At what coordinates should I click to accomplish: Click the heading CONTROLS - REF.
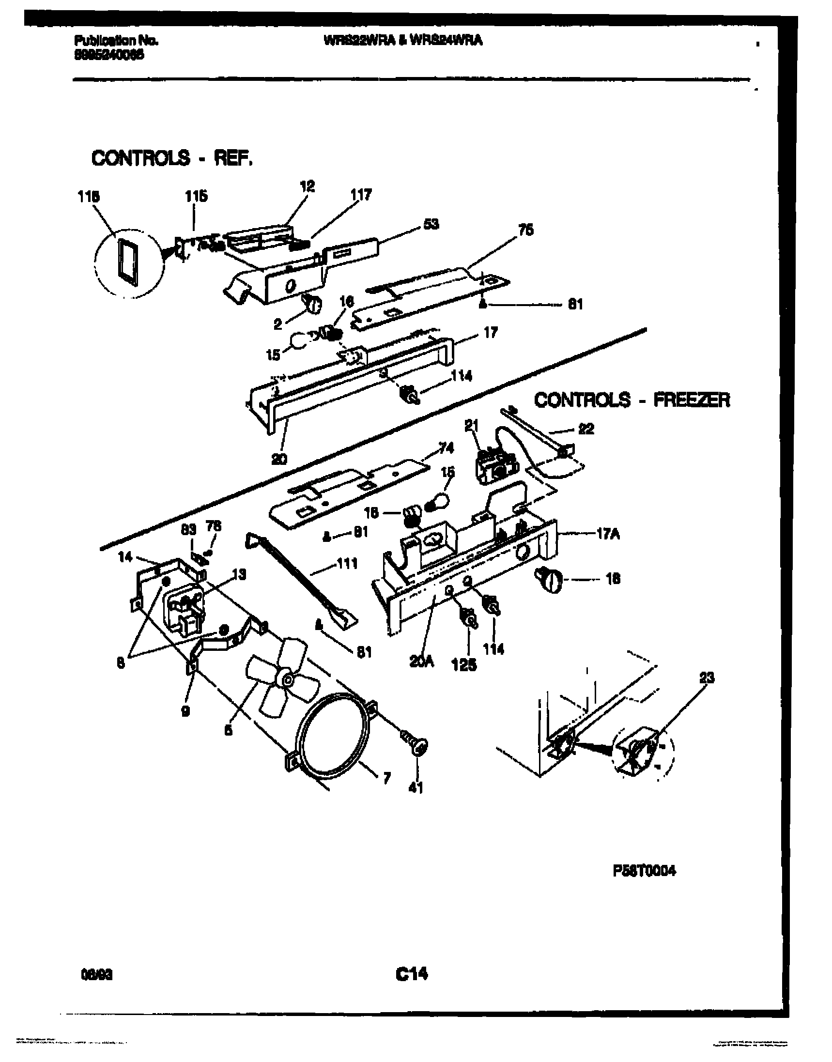click(x=172, y=158)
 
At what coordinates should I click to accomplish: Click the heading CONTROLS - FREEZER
click(x=632, y=400)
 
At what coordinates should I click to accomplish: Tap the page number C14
click(x=412, y=974)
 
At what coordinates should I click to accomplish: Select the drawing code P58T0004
click(x=645, y=871)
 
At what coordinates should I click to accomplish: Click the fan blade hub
click(x=288, y=680)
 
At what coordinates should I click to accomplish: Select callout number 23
click(x=706, y=677)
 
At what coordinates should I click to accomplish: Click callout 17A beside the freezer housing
click(x=608, y=535)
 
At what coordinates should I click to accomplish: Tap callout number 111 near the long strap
click(x=347, y=564)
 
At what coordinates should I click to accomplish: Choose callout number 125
click(x=464, y=664)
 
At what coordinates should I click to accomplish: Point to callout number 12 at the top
click(x=307, y=186)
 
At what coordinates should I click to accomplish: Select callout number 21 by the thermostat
click(x=471, y=426)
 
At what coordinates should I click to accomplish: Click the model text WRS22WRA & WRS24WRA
click(x=403, y=41)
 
